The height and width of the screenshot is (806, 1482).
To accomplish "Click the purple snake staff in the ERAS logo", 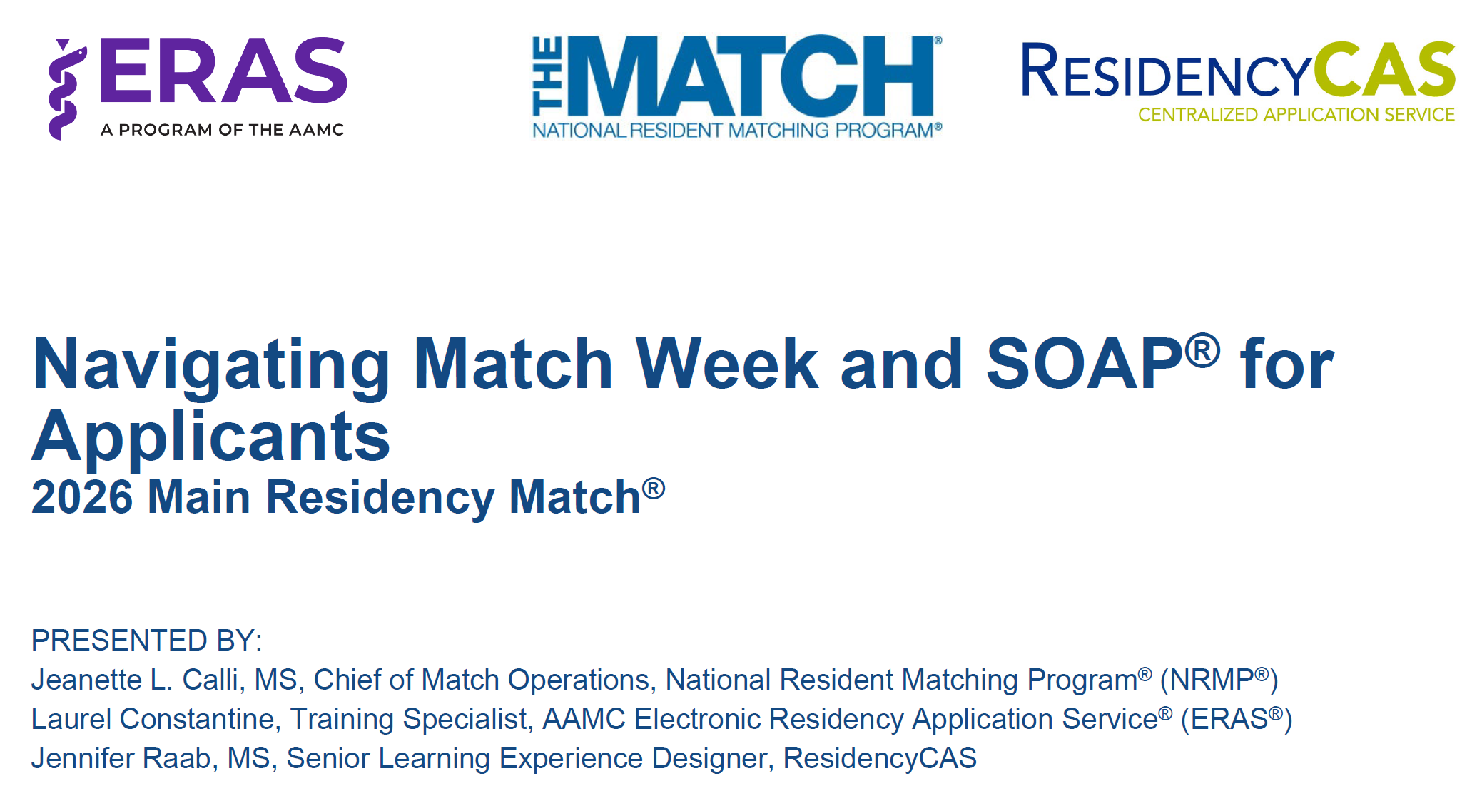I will click(65, 89).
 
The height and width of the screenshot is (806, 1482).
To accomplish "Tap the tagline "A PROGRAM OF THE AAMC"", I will click(222, 130).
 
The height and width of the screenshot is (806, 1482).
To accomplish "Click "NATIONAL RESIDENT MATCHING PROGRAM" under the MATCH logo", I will click(736, 131).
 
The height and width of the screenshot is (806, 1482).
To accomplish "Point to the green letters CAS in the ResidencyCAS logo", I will click(1384, 70).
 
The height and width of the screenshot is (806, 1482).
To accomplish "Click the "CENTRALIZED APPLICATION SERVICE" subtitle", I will click(1296, 115).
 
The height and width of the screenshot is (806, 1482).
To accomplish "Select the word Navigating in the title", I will click(211, 365).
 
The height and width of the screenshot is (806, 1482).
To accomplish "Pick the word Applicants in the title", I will click(211, 437).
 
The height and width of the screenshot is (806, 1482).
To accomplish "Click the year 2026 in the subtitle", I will click(82, 497).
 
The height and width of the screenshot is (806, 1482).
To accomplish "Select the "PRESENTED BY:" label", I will click(146, 641).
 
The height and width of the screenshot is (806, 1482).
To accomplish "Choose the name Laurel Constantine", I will click(152, 719).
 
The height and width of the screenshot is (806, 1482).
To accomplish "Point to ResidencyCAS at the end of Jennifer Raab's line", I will click(879, 758).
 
